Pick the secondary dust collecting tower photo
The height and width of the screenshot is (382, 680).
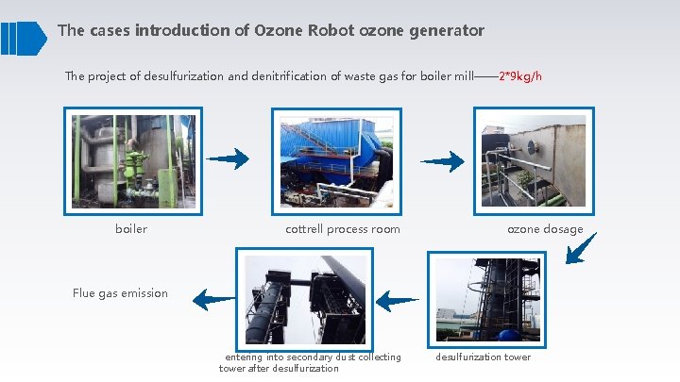coord(303,299)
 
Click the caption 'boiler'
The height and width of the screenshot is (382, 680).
coord(131,229)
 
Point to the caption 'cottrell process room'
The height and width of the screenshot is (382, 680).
coord(342,229)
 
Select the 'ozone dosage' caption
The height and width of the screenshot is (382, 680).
coord(545,229)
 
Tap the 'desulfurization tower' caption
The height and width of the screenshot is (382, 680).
coord(483,357)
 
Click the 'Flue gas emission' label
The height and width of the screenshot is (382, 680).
coord(120,293)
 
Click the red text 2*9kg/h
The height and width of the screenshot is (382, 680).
coord(519,76)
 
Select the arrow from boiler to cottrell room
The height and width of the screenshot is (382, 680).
coord(228,158)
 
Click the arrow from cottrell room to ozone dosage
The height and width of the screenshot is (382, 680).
coord(442,161)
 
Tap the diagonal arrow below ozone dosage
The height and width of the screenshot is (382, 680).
coord(580,248)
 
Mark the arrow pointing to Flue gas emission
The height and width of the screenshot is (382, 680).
coord(214,300)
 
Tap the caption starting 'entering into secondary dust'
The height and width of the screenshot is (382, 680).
coord(310,362)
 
